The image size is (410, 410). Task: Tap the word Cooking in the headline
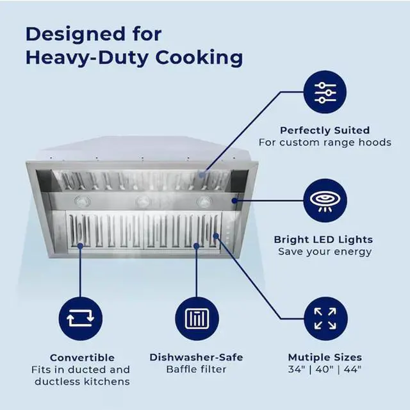coord(199,58)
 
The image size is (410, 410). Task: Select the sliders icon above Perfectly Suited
coord(325,92)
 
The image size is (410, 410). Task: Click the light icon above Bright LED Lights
coord(325,201)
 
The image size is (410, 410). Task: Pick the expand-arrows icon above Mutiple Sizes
coord(325,318)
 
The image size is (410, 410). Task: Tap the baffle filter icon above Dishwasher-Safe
coord(197,318)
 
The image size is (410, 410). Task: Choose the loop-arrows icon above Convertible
coord(81,318)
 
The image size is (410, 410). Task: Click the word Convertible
coord(82,357)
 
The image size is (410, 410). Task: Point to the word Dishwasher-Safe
coord(196,357)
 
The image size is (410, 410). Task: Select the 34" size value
coord(297,369)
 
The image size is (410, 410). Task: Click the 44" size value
coord(352,369)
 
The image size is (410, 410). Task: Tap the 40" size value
coord(325,369)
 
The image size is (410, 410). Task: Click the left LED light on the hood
coord(83,201)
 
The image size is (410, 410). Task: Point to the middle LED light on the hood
coord(143,202)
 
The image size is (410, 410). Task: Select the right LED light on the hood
coord(204,201)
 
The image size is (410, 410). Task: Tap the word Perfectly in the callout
coord(302,131)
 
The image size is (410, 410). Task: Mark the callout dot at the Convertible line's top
coord(80,246)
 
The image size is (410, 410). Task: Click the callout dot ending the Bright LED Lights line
coord(234,201)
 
